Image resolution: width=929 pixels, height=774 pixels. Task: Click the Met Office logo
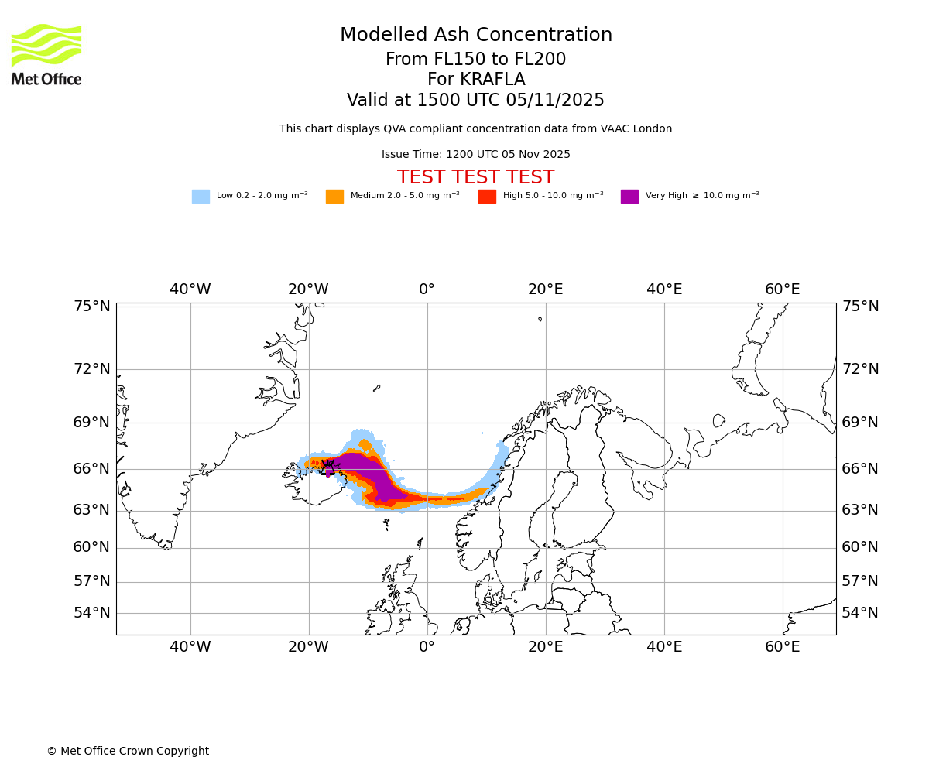click(46, 54)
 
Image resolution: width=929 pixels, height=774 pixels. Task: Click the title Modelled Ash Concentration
click(476, 36)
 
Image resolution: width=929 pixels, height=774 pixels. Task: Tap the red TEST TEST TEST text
click(475, 177)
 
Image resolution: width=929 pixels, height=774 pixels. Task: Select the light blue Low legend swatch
click(201, 196)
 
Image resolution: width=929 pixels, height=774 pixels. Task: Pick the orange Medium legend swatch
click(334, 196)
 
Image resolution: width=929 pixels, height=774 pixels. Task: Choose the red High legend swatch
click(487, 196)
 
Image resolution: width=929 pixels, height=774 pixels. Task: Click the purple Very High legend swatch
click(629, 196)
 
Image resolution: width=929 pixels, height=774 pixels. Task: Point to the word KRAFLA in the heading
click(492, 80)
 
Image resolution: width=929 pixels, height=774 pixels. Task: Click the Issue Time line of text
click(475, 154)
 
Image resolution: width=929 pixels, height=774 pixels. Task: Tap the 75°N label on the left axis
click(92, 307)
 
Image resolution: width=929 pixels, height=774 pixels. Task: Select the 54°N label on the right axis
click(860, 613)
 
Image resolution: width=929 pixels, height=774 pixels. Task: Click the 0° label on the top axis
click(427, 289)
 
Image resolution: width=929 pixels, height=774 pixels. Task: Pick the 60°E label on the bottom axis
click(783, 647)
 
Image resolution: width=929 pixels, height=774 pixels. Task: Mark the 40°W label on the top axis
click(190, 289)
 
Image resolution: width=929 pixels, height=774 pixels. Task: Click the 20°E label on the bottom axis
click(546, 647)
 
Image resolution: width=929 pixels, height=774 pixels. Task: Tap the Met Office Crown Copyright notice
click(128, 751)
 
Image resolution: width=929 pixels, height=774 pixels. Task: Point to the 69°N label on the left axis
click(92, 423)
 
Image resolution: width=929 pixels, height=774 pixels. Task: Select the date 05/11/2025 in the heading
click(556, 101)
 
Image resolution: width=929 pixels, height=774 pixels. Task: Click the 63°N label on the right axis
click(860, 510)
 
